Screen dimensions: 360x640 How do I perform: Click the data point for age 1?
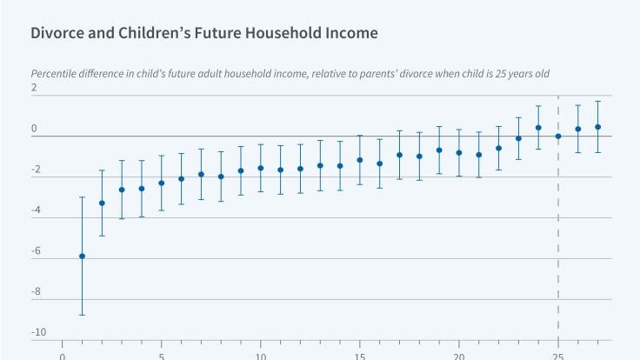pos(82,256)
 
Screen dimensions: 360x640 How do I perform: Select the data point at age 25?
pos(558,137)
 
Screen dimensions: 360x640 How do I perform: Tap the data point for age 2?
pos(102,203)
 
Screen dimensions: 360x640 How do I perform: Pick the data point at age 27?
pos(598,127)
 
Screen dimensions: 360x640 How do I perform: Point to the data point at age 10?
pos(261,168)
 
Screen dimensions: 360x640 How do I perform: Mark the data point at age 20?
pos(459,152)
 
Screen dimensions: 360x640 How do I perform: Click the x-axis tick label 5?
pos(162,355)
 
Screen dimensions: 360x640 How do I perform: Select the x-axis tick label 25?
pos(558,355)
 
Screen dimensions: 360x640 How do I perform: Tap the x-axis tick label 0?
pos(63,355)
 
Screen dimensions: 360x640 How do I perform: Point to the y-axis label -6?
pos(35,250)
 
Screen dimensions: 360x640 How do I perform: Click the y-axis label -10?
pos(38,332)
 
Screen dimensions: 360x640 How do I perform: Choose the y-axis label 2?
pos(35,89)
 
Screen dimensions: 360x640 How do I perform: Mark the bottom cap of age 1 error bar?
pos(82,315)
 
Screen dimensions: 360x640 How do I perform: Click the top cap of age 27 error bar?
pos(598,102)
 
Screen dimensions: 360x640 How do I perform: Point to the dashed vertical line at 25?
pos(558,217)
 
